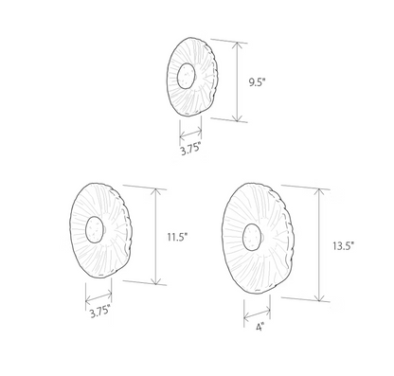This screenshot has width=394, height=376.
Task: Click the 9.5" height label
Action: (x=258, y=83)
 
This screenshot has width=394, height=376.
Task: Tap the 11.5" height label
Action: (x=177, y=237)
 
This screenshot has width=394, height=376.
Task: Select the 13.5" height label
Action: (x=343, y=245)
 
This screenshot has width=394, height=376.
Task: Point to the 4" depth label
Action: (x=260, y=328)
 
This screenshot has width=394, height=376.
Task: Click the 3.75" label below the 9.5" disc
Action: (x=190, y=149)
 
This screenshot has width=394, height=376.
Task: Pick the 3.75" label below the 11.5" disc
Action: (x=100, y=312)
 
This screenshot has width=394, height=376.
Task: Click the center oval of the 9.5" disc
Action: (x=186, y=76)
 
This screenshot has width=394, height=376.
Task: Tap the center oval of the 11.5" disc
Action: (x=95, y=229)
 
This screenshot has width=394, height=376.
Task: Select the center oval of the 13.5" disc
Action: (x=252, y=237)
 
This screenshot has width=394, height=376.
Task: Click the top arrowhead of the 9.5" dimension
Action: (x=237, y=45)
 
